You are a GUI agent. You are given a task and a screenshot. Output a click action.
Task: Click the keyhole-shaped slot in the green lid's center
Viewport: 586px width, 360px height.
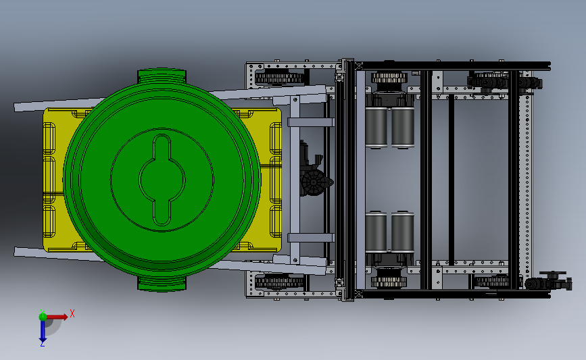point(162,180)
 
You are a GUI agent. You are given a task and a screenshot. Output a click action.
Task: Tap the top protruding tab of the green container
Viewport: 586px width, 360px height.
point(162,75)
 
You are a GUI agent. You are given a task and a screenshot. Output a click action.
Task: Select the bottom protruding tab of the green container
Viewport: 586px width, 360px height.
point(162,284)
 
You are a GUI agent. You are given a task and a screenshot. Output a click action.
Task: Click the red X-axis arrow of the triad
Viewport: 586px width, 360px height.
point(56,317)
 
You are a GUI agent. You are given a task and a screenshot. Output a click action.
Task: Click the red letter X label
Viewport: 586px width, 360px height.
point(72,313)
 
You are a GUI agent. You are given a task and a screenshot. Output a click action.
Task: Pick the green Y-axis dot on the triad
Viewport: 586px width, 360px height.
point(43,317)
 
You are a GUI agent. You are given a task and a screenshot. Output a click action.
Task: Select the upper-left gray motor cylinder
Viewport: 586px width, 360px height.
point(376,126)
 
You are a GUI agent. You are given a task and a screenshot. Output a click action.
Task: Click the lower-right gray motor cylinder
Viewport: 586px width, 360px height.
point(403,232)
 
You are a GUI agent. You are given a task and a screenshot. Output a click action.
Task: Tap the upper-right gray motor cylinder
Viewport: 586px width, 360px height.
point(403,126)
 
